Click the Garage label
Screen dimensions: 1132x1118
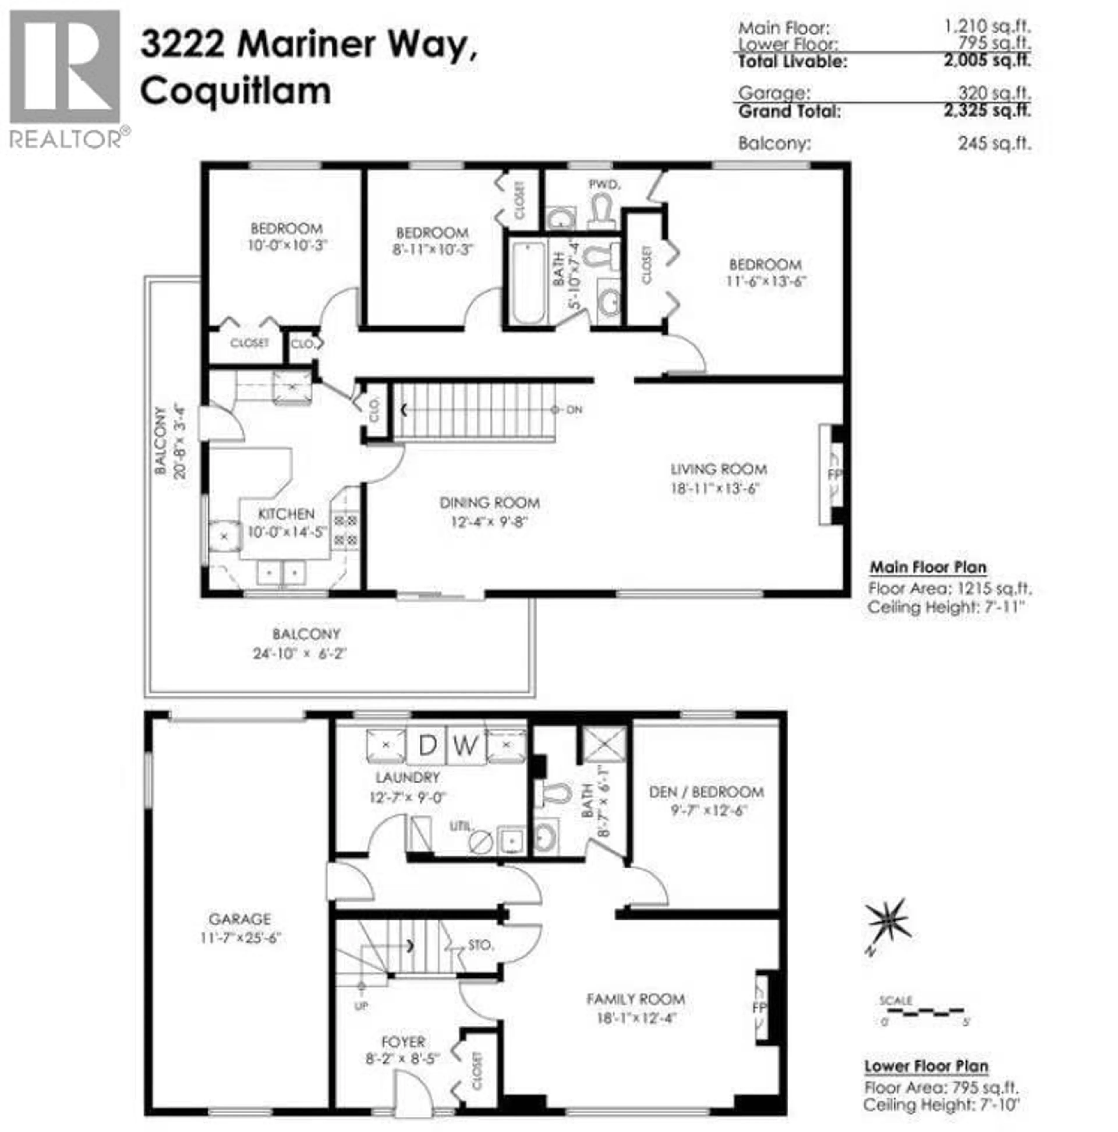point(240,919)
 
